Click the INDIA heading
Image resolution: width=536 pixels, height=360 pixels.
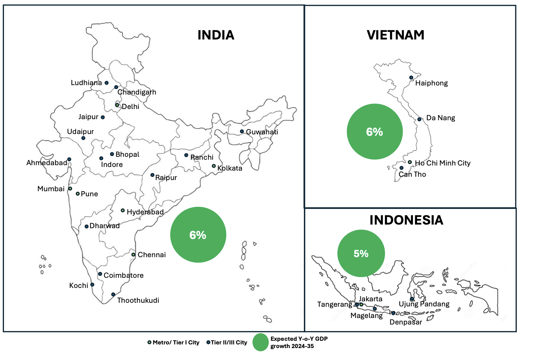[216, 35]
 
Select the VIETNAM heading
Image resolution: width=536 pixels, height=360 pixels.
[395, 35]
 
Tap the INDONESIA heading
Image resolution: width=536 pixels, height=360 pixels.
[406, 220]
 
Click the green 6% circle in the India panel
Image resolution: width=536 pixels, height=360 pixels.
[198, 235]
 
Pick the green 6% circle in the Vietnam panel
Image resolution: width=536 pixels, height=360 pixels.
[374, 131]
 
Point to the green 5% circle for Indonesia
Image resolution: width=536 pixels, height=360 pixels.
[361, 254]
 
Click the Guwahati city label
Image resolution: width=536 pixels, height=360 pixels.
[262, 132]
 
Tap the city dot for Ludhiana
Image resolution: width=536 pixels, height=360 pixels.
[106, 83]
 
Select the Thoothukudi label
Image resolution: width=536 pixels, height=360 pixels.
[138, 300]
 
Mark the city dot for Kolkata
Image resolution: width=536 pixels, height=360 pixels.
[214, 166]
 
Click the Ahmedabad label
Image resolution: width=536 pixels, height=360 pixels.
[47, 163]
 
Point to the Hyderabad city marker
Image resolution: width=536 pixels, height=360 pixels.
[123, 210]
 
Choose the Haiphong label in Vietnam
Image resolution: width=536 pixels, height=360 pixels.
[431, 83]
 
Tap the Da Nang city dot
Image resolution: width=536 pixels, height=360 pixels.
[419, 119]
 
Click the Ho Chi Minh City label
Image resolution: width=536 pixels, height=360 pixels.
[443, 163]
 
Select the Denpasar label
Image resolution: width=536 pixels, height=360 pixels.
[406, 322]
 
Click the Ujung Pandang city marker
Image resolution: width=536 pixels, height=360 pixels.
[412, 299]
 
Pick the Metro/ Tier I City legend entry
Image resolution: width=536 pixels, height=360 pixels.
[173, 343]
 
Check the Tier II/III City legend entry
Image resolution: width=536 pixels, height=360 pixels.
[227, 343]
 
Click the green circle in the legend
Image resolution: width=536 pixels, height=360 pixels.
[260, 343]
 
